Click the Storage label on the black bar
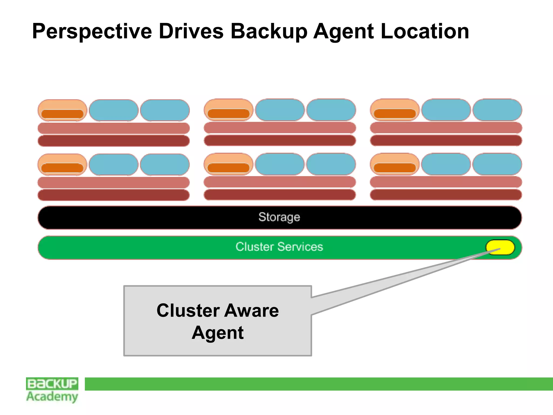click(x=279, y=217)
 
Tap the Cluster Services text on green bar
click(x=279, y=247)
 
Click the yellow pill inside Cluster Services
click(x=500, y=247)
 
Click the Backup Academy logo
click(x=52, y=390)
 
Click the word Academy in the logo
click(x=52, y=396)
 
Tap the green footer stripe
click(x=319, y=384)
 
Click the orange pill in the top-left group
click(x=62, y=110)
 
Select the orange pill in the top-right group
click(x=394, y=110)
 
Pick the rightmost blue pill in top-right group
click(x=497, y=110)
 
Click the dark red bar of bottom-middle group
click(x=280, y=195)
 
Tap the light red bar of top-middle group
click(x=280, y=128)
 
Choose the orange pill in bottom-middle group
click(x=228, y=164)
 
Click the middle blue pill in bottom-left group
click(x=114, y=165)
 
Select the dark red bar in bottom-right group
click(x=446, y=195)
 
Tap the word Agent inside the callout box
click(x=218, y=333)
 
